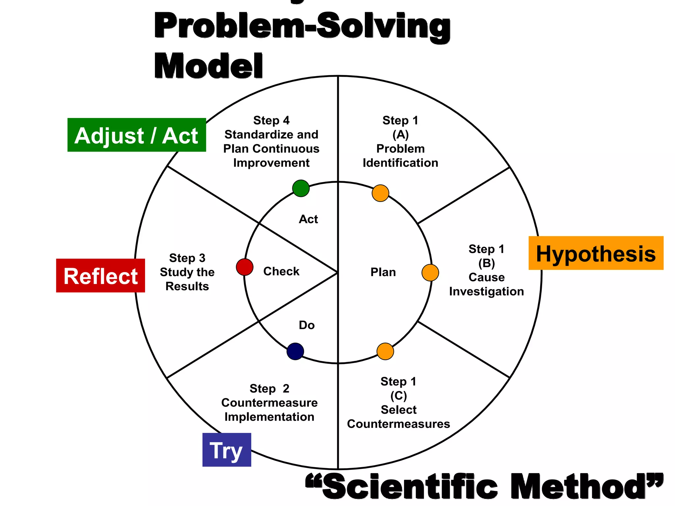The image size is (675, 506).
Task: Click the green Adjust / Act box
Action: [136, 135]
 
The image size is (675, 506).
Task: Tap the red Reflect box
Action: [101, 276]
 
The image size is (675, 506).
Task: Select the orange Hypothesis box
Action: [596, 253]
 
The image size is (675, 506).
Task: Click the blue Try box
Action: [227, 450]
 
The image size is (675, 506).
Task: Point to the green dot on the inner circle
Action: [301, 188]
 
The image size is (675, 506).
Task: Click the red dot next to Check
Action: [245, 267]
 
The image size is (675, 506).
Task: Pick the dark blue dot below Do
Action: [295, 351]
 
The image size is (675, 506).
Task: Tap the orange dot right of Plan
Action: [430, 273]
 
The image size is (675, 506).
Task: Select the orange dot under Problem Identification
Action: [380, 193]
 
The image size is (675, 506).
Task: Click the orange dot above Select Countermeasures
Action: [385, 351]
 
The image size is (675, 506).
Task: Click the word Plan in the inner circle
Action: [383, 272]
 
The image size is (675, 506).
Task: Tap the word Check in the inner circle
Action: [281, 271]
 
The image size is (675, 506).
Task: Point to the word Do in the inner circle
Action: [307, 325]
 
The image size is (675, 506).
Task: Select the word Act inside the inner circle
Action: [308, 219]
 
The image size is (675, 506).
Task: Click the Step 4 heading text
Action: [271, 121]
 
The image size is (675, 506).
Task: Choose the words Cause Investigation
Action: [486, 285]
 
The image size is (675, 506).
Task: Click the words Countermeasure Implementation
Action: [269, 410]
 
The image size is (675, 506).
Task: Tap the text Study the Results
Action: [187, 279]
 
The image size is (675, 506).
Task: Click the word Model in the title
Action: [208, 67]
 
